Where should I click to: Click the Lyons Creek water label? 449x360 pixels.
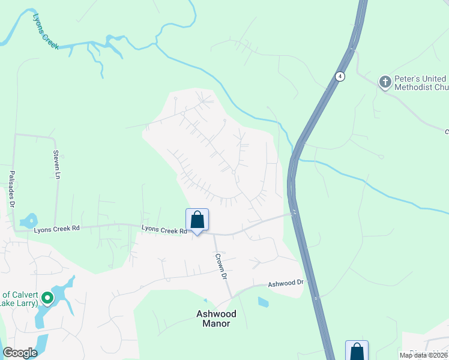tap(46, 32)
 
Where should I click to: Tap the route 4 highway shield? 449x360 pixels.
tap(340, 76)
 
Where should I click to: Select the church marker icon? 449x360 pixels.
tap(385, 82)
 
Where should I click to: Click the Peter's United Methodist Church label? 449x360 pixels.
tap(421, 83)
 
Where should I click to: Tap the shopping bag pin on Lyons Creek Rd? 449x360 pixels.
tap(197, 221)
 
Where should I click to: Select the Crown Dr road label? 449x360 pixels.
tap(221, 266)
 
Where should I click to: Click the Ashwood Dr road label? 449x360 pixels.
tap(287, 284)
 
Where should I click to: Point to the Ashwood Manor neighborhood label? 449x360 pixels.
tap(216, 319)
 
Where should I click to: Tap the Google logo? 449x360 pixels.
tap(20, 353)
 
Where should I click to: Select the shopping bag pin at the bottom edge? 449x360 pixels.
tap(357, 350)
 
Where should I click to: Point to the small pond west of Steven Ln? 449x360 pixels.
tap(28, 221)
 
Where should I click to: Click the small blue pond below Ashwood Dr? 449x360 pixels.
tap(263, 302)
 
